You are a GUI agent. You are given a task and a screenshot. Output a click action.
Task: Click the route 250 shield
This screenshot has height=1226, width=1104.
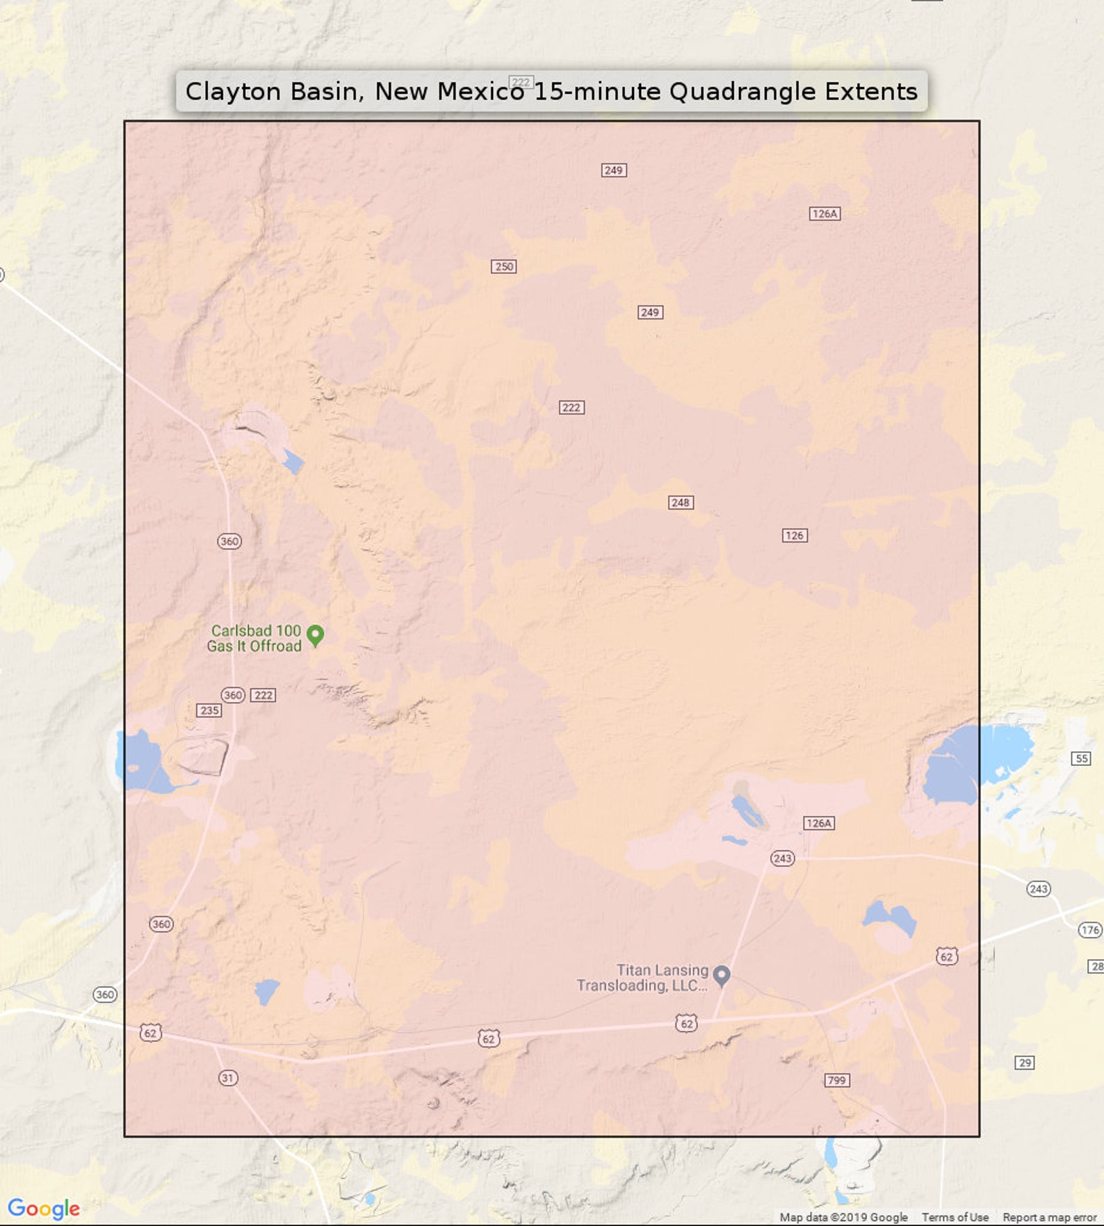click(x=504, y=266)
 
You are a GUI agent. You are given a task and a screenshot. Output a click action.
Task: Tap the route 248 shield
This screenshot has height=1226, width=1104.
click(x=680, y=502)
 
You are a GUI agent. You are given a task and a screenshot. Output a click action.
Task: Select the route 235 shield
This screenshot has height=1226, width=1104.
click(x=209, y=710)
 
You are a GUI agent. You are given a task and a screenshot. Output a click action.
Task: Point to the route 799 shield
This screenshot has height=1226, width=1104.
click(x=836, y=1080)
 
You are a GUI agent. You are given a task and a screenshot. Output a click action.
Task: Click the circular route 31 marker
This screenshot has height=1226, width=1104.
click(x=228, y=1078)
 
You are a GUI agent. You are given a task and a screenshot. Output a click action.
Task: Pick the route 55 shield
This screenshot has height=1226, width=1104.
click(x=1082, y=758)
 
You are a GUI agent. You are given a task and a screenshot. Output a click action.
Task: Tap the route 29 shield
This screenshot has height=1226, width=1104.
click(x=1025, y=1063)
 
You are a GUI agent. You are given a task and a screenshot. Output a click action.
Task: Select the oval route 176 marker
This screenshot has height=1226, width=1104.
click(x=1089, y=930)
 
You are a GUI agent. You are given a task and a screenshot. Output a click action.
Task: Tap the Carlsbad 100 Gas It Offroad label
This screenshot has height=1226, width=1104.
click(x=255, y=638)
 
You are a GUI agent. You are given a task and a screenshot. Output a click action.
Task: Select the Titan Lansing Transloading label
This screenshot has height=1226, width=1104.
click(x=642, y=978)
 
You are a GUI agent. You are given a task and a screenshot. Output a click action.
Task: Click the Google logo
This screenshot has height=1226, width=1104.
click(x=44, y=1209)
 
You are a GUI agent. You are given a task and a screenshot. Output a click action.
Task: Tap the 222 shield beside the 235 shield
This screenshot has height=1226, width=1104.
click(x=263, y=695)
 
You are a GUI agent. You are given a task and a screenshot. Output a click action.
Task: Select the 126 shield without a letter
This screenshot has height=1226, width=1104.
click(x=795, y=535)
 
